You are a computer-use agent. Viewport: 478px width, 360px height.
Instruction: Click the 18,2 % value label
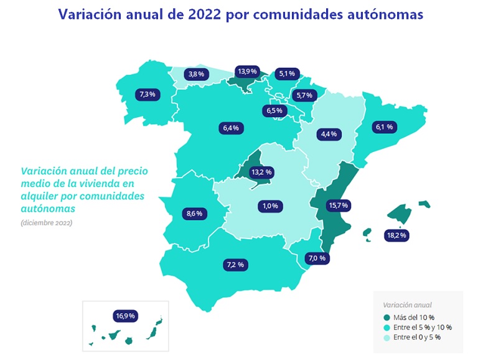396,235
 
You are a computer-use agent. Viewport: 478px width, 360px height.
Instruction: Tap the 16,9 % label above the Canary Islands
124,316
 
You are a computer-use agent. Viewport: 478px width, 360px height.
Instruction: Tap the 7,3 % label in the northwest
148,95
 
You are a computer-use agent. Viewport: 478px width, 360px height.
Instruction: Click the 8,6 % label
194,214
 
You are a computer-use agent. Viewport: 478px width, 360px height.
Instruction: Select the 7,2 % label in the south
235,265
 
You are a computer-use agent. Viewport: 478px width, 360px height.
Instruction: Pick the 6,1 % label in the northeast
385,127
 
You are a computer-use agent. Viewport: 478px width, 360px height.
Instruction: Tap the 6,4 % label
230,128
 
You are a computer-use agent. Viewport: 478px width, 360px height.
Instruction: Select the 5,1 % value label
287,73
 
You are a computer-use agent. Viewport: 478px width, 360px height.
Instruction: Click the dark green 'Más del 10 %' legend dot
387,317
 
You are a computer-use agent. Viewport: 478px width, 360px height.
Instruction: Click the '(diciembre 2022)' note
46,222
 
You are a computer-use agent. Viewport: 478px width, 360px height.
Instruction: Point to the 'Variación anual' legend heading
407,305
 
